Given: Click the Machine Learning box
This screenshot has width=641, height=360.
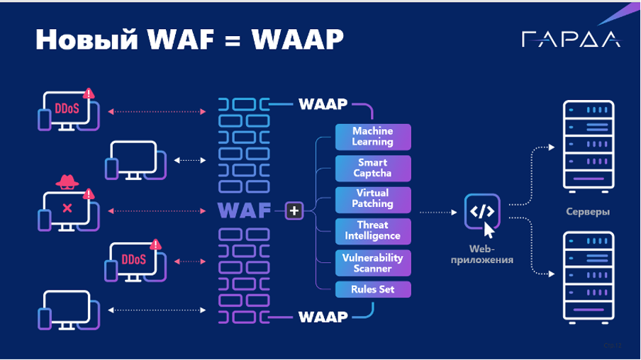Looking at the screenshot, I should (372, 136).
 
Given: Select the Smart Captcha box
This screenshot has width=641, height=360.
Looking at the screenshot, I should (372, 167).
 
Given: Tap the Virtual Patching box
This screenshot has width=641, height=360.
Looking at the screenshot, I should (372, 198).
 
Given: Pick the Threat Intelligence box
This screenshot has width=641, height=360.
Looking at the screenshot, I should (372, 230).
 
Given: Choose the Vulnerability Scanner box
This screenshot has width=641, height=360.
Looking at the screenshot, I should (372, 261).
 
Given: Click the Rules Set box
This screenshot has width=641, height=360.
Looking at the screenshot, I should (372, 289).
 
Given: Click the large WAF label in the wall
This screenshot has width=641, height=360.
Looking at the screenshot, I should (245, 210).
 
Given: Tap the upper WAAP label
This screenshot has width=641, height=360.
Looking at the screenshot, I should (323, 105).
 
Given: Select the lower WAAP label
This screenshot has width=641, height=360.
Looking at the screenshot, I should (323, 316).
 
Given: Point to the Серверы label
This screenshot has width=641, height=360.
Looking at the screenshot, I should (588, 212).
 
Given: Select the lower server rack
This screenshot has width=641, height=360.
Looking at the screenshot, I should (588, 277).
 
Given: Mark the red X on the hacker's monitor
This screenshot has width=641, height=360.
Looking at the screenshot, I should (67, 208).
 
